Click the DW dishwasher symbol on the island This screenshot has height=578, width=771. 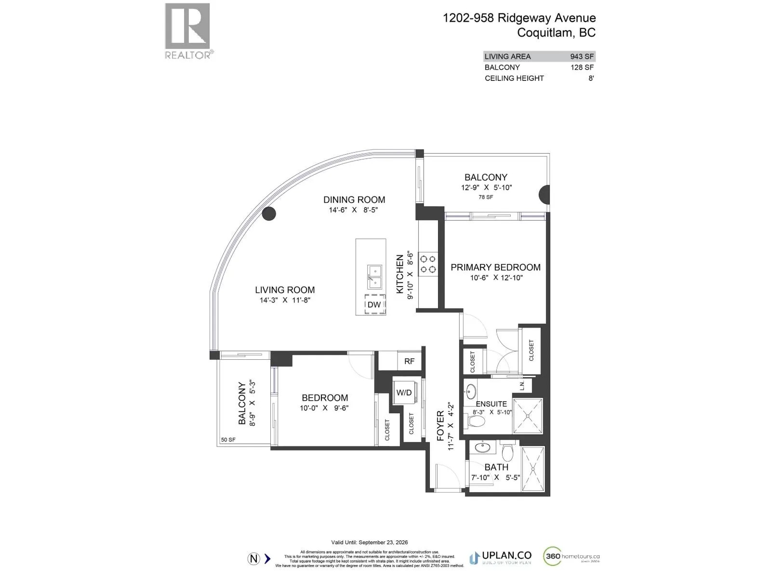pos(374,304)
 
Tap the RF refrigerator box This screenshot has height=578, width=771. pos(409,361)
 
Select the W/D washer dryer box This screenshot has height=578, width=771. pos(404,393)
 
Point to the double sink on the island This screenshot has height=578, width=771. pos(374,276)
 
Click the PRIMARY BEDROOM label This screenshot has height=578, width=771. pos(495,267)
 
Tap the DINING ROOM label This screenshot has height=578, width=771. pos(354,199)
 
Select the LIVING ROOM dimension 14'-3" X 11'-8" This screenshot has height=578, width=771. pos(285,300)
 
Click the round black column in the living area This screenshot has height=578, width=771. pos(269,213)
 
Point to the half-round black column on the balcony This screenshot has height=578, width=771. pos(544,195)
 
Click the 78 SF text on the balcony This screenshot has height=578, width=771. pos(486,197)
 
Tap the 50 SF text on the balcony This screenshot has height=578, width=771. pos(228,440)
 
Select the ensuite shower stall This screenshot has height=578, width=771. pos(528,413)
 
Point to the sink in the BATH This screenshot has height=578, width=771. pos(482,447)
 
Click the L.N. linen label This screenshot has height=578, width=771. pos(522,385)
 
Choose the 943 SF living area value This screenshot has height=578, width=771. pos(582,56)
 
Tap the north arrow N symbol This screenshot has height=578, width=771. pos(254,559)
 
